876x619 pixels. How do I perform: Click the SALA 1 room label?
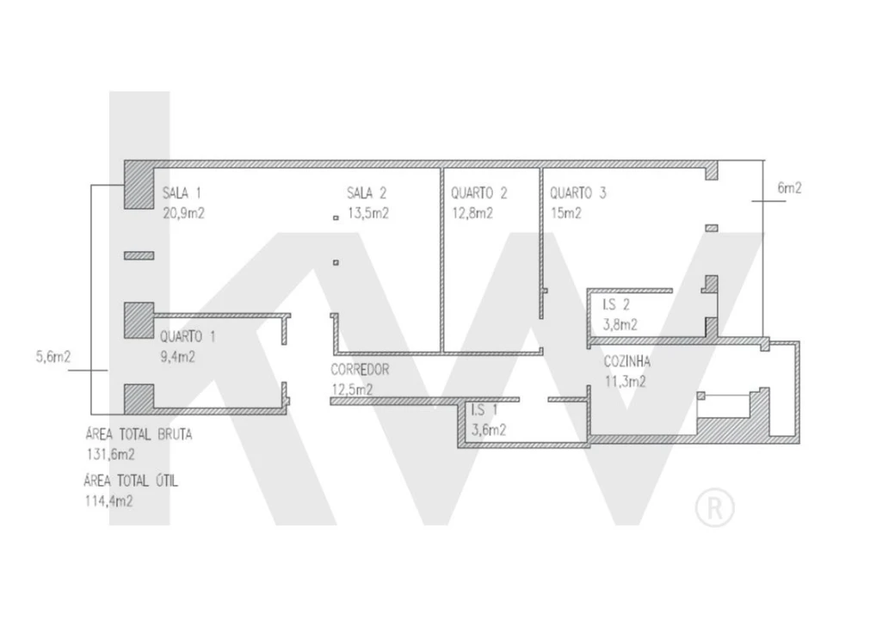tap(182, 193)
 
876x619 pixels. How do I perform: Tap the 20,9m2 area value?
tap(183, 213)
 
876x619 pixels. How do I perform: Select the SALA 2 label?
tap(367, 193)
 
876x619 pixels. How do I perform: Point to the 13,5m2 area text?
tap(368, 213)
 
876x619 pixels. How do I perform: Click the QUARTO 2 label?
tap(478, 193)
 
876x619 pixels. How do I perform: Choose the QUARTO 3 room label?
tap(577, 193)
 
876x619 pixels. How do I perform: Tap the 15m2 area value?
tap(566, 213)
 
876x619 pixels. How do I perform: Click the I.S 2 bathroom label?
tap(615, 304)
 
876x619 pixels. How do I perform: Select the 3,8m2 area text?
tap(620, 325)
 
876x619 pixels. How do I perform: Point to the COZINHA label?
tap(626, 362)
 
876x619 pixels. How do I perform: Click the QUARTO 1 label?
tap(188, 336)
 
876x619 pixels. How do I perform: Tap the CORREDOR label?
tap(360, 370)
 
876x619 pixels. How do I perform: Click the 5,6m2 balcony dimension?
tap(53, 357)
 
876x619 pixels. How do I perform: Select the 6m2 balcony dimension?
tap(789, 188)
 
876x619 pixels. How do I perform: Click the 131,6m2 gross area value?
tap(110, 454)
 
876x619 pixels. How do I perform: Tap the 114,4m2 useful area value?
tap(109, 501)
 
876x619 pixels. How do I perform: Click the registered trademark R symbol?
tap(714, 507)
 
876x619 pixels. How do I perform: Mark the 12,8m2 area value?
tap(472, 213)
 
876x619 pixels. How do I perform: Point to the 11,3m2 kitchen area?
tap(626, 382)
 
